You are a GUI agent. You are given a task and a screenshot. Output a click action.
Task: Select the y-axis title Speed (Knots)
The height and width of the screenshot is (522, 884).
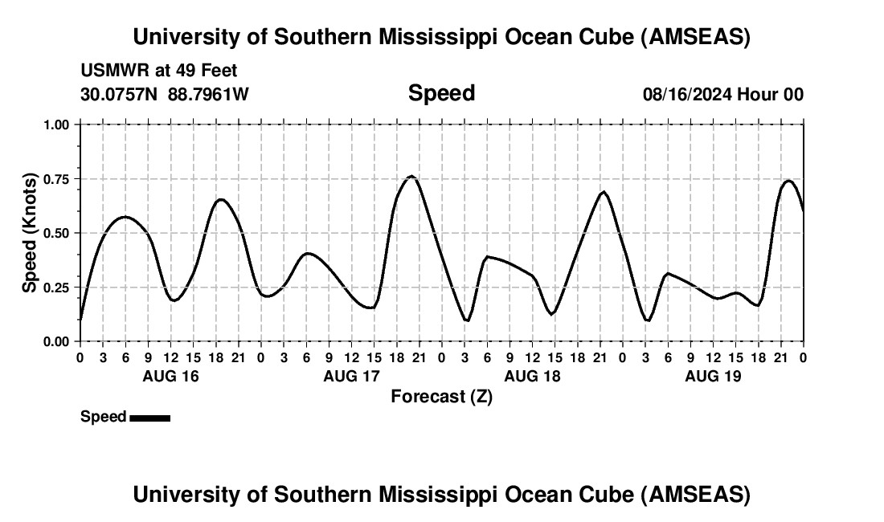point(30,232)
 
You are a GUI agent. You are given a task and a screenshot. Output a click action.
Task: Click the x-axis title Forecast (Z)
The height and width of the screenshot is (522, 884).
point(441,396)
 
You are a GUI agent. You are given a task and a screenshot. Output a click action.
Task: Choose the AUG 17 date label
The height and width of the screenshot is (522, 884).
point(351,376)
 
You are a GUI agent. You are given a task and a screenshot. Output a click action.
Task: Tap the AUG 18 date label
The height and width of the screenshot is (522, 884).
point(532,376)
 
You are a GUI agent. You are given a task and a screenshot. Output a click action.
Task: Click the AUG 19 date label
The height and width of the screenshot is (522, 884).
point(713,376)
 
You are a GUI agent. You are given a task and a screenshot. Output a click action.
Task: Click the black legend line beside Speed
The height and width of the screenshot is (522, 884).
point(149,418)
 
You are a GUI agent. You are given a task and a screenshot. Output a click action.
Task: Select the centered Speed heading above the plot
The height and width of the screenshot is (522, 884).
point(441,93)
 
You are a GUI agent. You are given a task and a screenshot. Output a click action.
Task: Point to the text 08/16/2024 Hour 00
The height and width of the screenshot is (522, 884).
point(722,95)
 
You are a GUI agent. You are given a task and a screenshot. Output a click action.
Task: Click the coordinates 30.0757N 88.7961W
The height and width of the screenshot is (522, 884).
point(165,95)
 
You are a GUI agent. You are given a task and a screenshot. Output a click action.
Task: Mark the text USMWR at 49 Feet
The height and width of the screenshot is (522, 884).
point(159,71)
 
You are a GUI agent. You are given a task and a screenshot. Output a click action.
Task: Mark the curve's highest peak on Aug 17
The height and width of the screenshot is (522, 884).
point(411,176)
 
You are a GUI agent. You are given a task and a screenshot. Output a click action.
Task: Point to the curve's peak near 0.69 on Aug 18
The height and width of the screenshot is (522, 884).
point(604,192)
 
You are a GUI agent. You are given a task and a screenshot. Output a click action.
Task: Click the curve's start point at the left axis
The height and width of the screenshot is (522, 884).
point(80,320)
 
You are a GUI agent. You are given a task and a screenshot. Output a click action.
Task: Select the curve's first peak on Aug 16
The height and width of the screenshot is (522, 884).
point(125,217)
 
